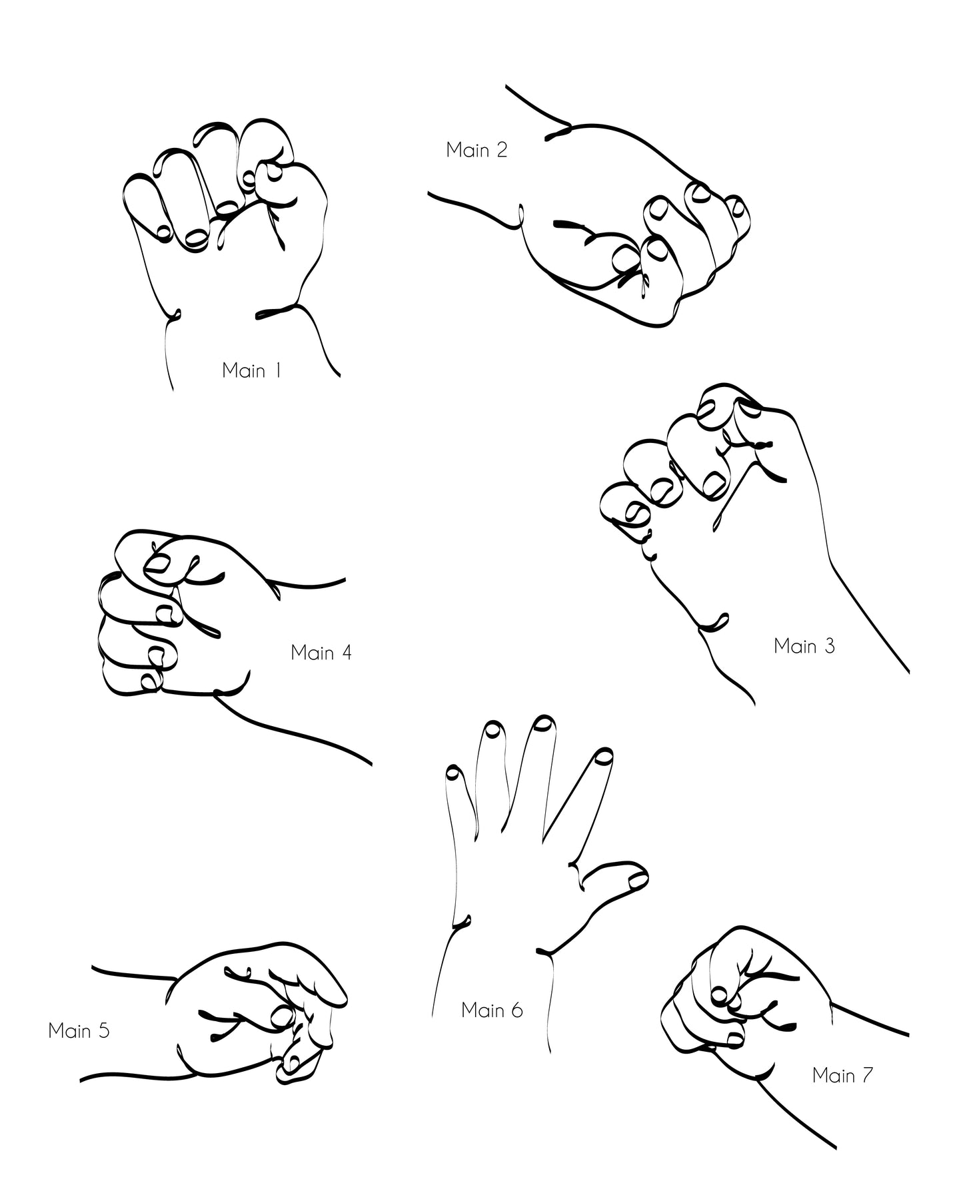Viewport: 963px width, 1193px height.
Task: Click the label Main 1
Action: [251, 370]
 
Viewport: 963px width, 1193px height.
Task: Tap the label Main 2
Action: [477, 150]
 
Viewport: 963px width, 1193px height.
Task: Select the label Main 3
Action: [804, 645]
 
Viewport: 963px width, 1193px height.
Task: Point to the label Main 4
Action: [321, 652]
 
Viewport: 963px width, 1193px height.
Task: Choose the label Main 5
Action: [79, 1030]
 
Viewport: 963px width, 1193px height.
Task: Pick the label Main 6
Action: [492, 1010]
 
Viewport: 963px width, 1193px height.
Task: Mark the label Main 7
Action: [842, 1075]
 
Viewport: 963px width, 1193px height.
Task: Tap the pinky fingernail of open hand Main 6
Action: [454, 773]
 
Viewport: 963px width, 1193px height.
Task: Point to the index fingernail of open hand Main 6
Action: [604, 755]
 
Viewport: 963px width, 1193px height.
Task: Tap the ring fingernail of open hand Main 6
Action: [493, 729]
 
